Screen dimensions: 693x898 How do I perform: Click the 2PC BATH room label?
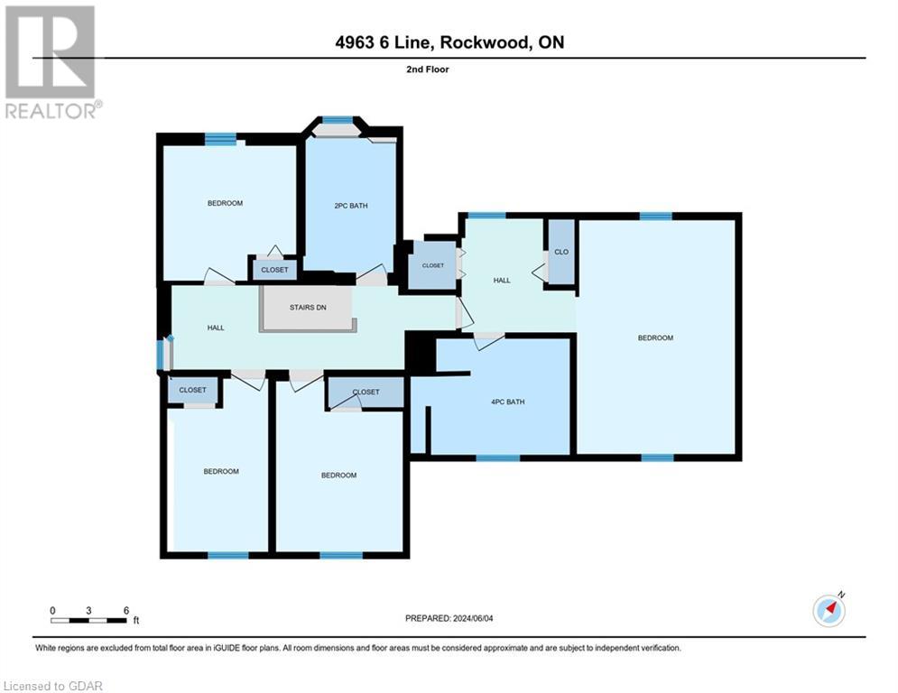click(x=351, y=206)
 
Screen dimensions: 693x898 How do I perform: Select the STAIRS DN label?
click(x=308, y=308)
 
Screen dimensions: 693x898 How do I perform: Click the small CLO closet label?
click(x=560, y=253)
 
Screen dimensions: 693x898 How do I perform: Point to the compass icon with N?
click(x=829, y=610)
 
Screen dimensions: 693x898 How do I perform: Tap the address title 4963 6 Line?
click(x=448, y=42)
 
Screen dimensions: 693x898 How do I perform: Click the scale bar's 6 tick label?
click(x=125, y=610)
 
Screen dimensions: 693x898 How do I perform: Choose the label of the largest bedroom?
click(x=655, y=337)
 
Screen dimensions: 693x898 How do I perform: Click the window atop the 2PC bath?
click(x=338, y=120)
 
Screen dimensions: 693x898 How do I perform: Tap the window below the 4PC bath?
click(x=497, y=458)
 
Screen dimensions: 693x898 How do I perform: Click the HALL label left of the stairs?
click(x=216, y=328)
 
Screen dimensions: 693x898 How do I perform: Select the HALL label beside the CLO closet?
click(x=502, y=281)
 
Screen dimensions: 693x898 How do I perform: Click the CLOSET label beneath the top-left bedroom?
click(x=274, y=270)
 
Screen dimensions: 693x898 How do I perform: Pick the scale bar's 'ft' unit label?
click(x=136, y=621)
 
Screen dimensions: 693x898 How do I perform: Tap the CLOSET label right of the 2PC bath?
click(x=433, y=266)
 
